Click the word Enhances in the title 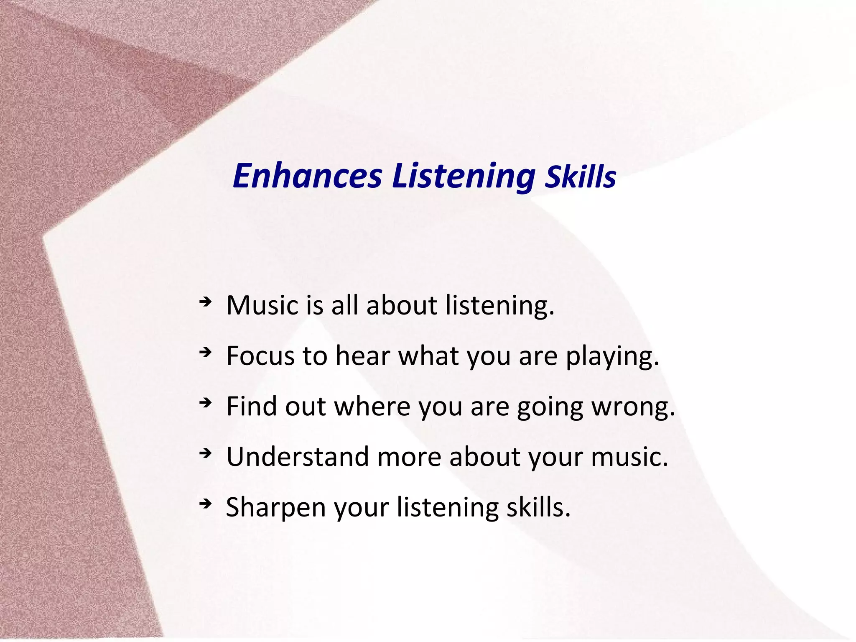click(x=307, y=176)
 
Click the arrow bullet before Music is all click(x=205, y=302)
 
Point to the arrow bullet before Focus click(x=205, y=353)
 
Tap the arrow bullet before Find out click(x=205, y=403)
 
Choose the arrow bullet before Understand click(x=205, y=453)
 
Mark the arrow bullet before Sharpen click(x=205, y=504)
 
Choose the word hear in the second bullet click(x=362, y=356)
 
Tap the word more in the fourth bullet click(x=409, y=457)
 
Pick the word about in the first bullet click(x=402, y=305)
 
